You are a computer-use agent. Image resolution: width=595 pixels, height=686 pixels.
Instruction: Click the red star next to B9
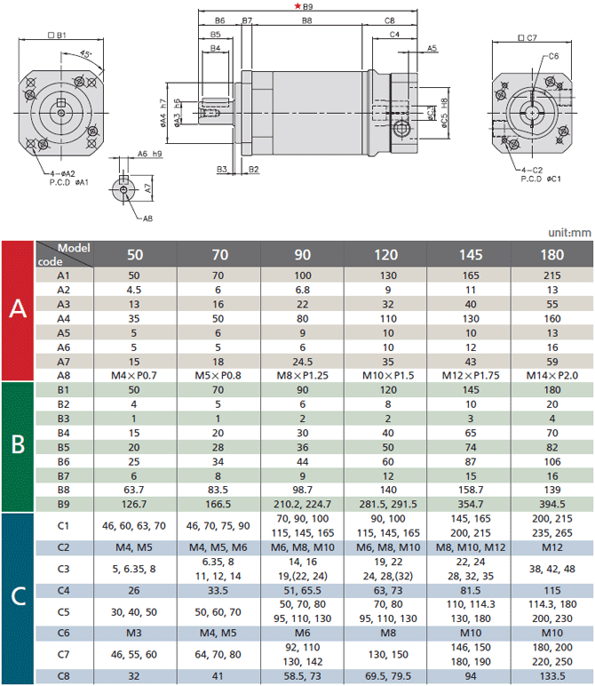tap(297, 6)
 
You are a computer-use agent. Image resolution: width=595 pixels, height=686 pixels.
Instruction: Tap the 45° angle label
tap(86, 54)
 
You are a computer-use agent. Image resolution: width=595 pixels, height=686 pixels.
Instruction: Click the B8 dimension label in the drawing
tap(307, 20)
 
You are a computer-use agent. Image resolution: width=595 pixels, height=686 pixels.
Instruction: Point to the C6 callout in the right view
tap(553, 56)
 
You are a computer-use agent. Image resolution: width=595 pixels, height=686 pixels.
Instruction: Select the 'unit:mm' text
tap(569, 232)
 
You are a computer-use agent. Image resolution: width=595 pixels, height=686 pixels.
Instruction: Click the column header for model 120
tap(386, 255)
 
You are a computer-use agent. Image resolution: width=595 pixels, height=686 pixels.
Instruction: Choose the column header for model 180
tap(552, 255)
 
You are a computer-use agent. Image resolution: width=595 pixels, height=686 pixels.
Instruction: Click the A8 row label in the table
tap(63, 375)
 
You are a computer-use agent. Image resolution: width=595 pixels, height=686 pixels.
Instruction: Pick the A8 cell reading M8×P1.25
tap(303, 375)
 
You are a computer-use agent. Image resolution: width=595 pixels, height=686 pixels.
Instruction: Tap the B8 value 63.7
tap(134, 490)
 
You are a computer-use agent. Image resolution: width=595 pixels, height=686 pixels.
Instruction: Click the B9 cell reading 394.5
tap(552, 504)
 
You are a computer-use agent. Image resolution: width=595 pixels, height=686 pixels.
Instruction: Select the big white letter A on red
tap(18, 308)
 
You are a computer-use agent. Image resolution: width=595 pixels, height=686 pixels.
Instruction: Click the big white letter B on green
tap(18, 444)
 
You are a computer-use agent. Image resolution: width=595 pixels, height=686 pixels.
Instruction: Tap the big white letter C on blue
tap(19, 596)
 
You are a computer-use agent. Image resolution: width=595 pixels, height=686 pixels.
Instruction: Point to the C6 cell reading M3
tap(134, 633)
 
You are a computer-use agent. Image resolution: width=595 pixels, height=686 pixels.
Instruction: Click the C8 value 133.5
tap(552, 676)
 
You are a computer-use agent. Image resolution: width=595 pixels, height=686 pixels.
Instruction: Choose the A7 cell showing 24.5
tap(303, 362)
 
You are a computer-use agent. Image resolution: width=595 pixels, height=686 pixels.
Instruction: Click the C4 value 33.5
tap(218, 591)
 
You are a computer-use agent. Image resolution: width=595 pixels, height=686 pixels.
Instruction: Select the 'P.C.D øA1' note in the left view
tap(68, 182)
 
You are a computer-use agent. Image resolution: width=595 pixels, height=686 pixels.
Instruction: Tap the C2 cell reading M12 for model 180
tap(552, 547)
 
